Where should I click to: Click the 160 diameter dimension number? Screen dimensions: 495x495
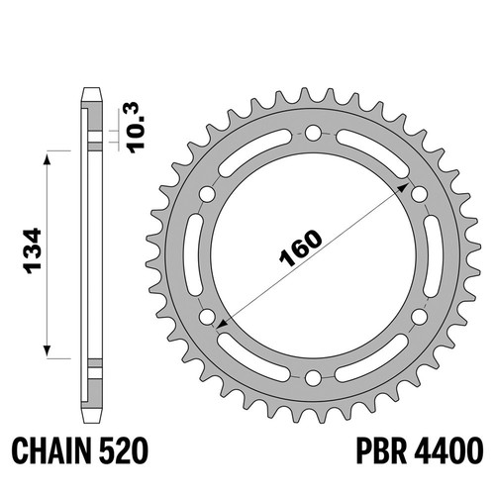tap(301, 247)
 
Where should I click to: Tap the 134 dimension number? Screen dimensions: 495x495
tap(33, 250)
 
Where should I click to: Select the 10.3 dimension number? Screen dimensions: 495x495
tap(136, 128)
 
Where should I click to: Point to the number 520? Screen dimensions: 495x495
tap(123, 450)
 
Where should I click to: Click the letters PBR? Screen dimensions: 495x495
tap(381, 450)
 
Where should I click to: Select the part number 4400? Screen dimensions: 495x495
tap(448, 450)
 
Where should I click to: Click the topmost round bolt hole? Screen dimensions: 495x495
tap(313, 134)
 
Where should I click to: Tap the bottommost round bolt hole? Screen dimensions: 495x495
tap(313, 378)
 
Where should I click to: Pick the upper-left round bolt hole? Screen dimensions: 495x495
tap(207, 194)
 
